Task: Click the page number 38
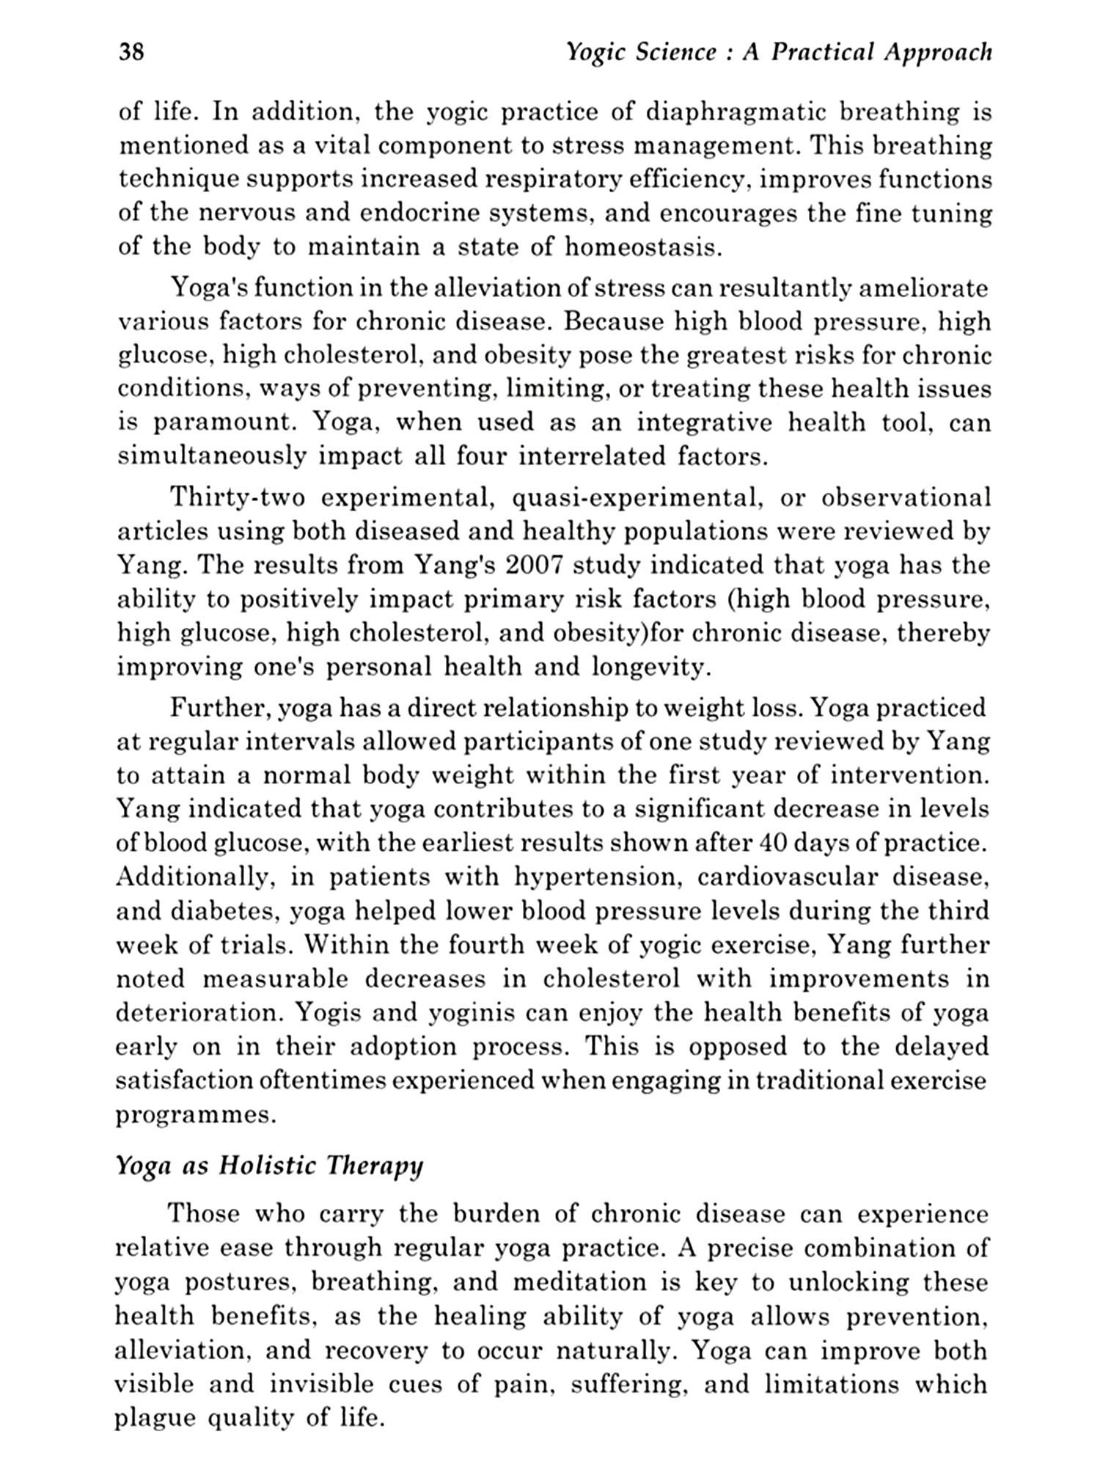pyautogui.click(x=131, y=53)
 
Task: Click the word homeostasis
pyautogui.click(x=643, y=247)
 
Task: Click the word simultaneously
pyautogui.click(x=211, y=456)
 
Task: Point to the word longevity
pyautogui.click(x=650, y=667)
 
